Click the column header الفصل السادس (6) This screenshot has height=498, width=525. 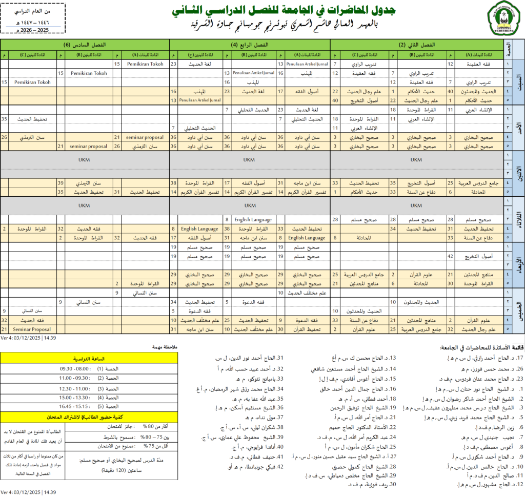point(84,45)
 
